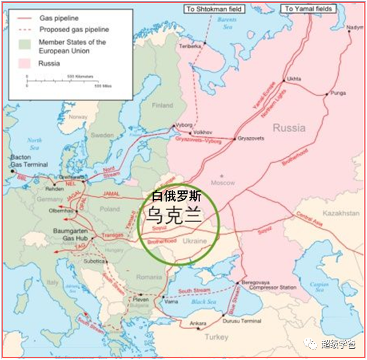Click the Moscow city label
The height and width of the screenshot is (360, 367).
point(227,183)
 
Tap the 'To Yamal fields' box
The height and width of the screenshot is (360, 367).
point(308,9)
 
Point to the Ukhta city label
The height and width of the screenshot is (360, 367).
point(294,78)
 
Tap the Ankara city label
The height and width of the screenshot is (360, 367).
point(197,325)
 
